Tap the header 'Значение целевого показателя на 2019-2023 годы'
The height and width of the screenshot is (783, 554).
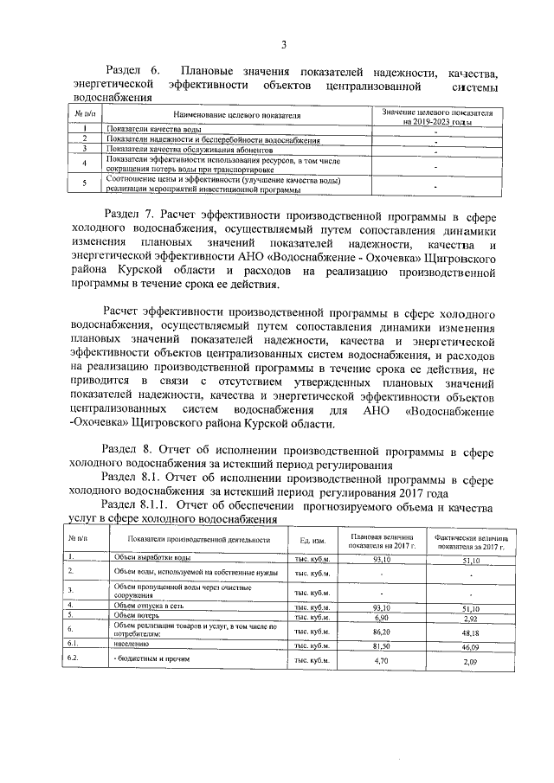point(435,118)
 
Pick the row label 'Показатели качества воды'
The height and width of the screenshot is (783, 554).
point(142,129)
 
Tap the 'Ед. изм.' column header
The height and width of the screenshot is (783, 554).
point(311,540)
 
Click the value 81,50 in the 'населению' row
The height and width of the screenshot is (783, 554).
point(377,645)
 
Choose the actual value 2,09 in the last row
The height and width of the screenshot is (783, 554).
point(472,662)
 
